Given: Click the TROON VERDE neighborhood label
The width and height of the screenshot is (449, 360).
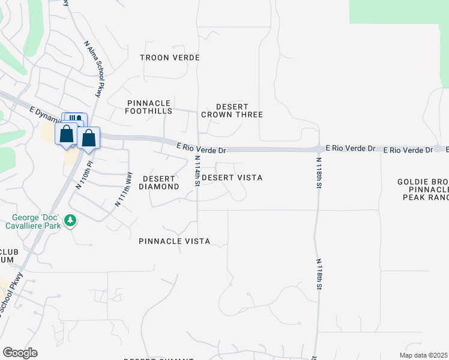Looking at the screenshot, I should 169,58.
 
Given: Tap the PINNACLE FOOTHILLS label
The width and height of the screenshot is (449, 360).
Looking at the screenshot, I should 149,107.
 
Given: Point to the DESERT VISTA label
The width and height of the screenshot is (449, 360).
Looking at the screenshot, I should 232,178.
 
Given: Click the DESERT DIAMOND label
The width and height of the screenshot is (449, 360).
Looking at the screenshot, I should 158,182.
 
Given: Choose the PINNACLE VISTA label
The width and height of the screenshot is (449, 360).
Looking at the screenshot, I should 174,241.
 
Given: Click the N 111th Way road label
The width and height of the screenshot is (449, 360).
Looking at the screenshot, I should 123,189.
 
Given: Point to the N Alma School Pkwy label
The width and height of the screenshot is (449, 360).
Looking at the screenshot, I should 94,68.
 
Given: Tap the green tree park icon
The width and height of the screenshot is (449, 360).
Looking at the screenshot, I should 71,221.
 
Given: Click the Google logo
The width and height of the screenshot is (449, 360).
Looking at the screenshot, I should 20,353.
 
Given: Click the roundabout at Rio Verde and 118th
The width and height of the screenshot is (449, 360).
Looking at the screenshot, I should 318,149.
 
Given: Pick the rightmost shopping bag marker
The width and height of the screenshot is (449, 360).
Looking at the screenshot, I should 88,138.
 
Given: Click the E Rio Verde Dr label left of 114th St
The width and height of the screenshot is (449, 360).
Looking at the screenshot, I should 201,148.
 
